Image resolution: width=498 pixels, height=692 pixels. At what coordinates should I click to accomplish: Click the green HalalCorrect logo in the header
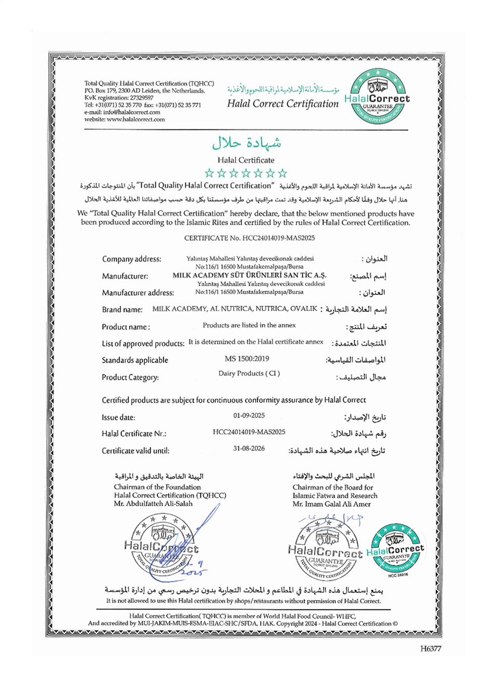coord(377,98)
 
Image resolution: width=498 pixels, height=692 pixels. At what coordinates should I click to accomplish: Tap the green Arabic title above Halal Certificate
coord(246,143)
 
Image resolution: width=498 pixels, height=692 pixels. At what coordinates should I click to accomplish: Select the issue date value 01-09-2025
coord(249,415)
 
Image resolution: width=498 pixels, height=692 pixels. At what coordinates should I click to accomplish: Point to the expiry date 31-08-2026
coord(249,449)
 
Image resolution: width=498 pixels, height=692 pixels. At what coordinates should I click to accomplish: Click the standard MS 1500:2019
coord(247,359)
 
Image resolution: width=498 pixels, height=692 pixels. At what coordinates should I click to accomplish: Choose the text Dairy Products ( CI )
coord(249,373)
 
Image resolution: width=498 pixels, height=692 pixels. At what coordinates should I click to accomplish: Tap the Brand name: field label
coord(122,310)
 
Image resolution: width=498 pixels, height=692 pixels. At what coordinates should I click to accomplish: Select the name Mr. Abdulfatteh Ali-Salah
coord(153,504)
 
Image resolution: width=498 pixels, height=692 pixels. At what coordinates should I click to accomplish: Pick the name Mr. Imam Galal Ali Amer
coord(331,504)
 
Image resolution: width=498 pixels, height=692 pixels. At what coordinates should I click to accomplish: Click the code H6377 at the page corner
coord(430,648)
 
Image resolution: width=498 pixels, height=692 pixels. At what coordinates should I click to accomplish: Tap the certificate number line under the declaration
coord(249,238)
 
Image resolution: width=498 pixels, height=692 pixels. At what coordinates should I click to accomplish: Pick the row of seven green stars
coord(246,173)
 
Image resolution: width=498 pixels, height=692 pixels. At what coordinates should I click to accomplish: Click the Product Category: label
coord(130,377)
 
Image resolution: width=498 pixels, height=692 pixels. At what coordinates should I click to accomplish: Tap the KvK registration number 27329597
coord(141,98)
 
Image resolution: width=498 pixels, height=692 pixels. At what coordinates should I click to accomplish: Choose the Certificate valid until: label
coord(135,451)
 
